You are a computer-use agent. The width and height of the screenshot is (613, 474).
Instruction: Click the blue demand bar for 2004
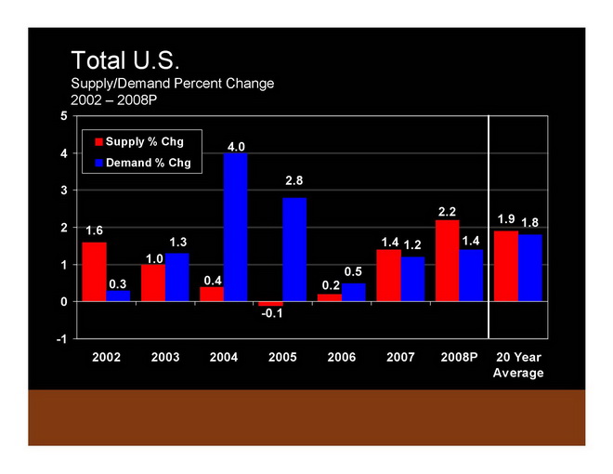(236, 228)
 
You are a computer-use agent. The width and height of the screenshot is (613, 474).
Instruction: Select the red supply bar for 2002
(94, 271)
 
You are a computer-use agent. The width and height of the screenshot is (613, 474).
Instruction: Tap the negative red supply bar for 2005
(270, 304)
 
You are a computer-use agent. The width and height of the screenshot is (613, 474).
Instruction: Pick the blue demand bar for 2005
(294, 249)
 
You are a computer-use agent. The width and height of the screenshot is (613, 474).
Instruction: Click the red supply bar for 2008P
(447, 260)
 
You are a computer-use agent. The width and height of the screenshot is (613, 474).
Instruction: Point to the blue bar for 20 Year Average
(530, 268)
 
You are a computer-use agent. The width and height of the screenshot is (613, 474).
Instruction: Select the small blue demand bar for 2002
(118, 296)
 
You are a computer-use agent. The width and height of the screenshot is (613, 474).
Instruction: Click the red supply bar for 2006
(330, 297)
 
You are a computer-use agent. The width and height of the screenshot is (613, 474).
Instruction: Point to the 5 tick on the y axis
(63, 116)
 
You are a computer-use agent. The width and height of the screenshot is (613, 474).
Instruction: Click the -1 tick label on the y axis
(60, 339)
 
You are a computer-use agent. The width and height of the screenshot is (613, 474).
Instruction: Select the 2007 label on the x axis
(399, 358)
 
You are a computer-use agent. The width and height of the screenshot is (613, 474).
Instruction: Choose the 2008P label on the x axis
(458, 358)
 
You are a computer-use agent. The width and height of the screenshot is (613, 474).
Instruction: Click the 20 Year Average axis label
(518, 365)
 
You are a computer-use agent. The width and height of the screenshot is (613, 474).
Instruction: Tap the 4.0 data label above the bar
(236, 146)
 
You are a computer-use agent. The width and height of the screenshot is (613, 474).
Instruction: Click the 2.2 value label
(447, 212)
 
